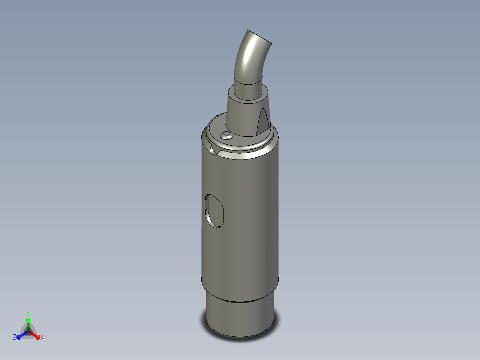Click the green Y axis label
28,313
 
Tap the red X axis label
42,338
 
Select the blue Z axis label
15,338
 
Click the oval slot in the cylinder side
214,210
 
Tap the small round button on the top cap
227,135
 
